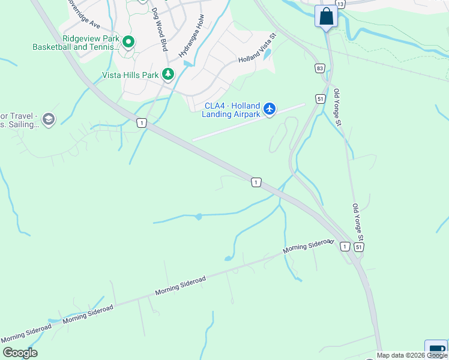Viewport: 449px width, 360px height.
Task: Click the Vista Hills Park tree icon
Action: [x=169, y=75]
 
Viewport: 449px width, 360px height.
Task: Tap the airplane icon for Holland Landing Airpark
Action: [x=270, y=108]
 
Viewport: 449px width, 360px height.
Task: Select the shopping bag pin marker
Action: [x=327, y=16]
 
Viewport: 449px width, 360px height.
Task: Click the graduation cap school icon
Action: [x=48, y=119]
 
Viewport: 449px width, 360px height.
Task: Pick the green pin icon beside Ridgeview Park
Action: [x=128, y=42]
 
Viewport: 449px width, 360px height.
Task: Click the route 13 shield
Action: [x=340, y=4]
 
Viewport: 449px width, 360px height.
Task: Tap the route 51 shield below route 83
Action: [x=321, y=98]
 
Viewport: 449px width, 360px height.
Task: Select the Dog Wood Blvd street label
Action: [x=158, y=29]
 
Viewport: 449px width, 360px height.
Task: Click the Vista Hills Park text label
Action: [x=130, y=75]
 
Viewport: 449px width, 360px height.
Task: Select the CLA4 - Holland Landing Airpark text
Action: [x=232, y=109]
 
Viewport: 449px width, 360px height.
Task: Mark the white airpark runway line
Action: [x=248, y=122]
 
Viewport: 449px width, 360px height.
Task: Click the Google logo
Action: [x=20, y=353]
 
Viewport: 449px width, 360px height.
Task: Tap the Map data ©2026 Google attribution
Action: [x=412, y=355]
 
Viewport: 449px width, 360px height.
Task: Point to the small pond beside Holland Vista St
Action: [x=267, y=55]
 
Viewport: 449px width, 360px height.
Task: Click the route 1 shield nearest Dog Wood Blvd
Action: [x=141, y=122]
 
